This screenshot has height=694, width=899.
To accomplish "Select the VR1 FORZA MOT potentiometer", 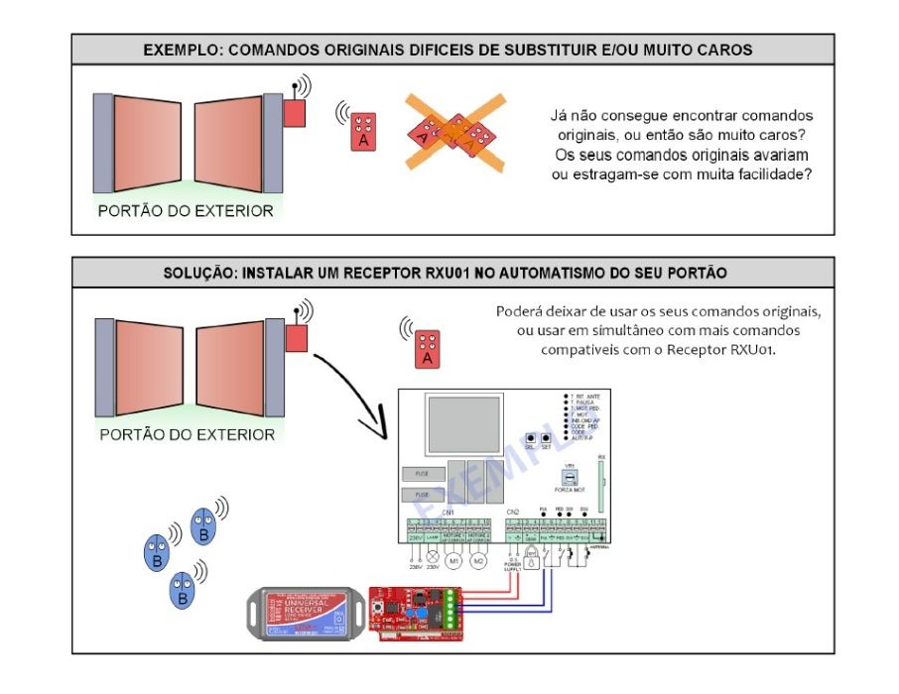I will click(570, 477).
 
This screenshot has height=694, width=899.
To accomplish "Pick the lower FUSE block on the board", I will click(422, 495).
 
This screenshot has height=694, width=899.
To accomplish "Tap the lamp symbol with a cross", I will click(432, 558).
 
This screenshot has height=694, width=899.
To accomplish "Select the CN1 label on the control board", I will click(449, 512).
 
